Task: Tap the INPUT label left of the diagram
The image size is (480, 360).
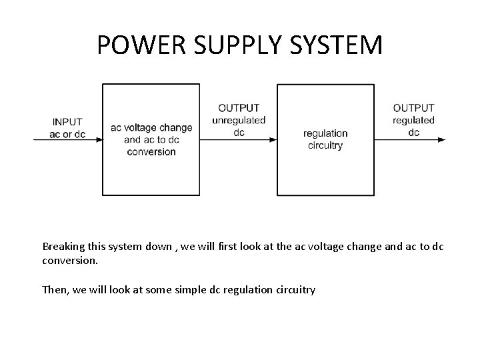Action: (x=67, y=122)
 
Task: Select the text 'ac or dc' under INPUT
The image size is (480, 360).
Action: (x=67, y=133)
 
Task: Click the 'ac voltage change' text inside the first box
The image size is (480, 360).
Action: (x=151, y=127)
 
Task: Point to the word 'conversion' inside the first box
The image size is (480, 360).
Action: (x=151, y=151)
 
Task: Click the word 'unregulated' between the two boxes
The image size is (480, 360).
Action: (x=239, y=120)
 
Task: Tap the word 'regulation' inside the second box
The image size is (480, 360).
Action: (x=325, y=133)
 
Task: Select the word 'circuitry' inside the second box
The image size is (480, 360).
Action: (x=325, y=145)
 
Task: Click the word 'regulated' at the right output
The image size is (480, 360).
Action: (x=413, y=120)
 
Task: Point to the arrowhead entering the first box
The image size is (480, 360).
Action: (x=99, y=140)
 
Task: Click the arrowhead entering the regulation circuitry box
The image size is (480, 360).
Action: (x=273, y=140)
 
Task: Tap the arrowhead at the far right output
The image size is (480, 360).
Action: (x=442, y=140)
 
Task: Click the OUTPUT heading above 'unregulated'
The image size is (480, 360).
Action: (x=239, y=108)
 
